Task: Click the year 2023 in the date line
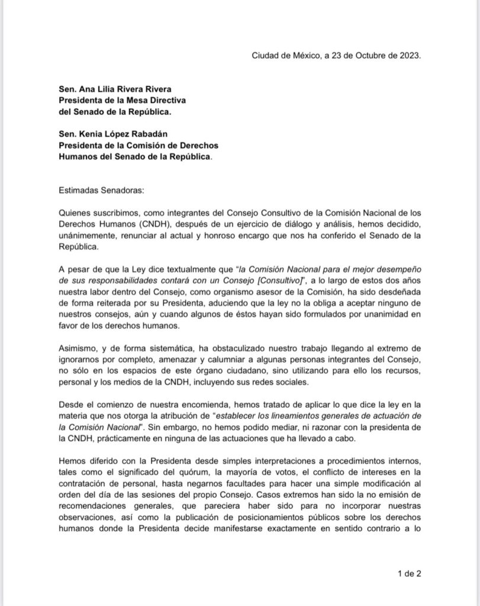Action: (408, 56)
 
